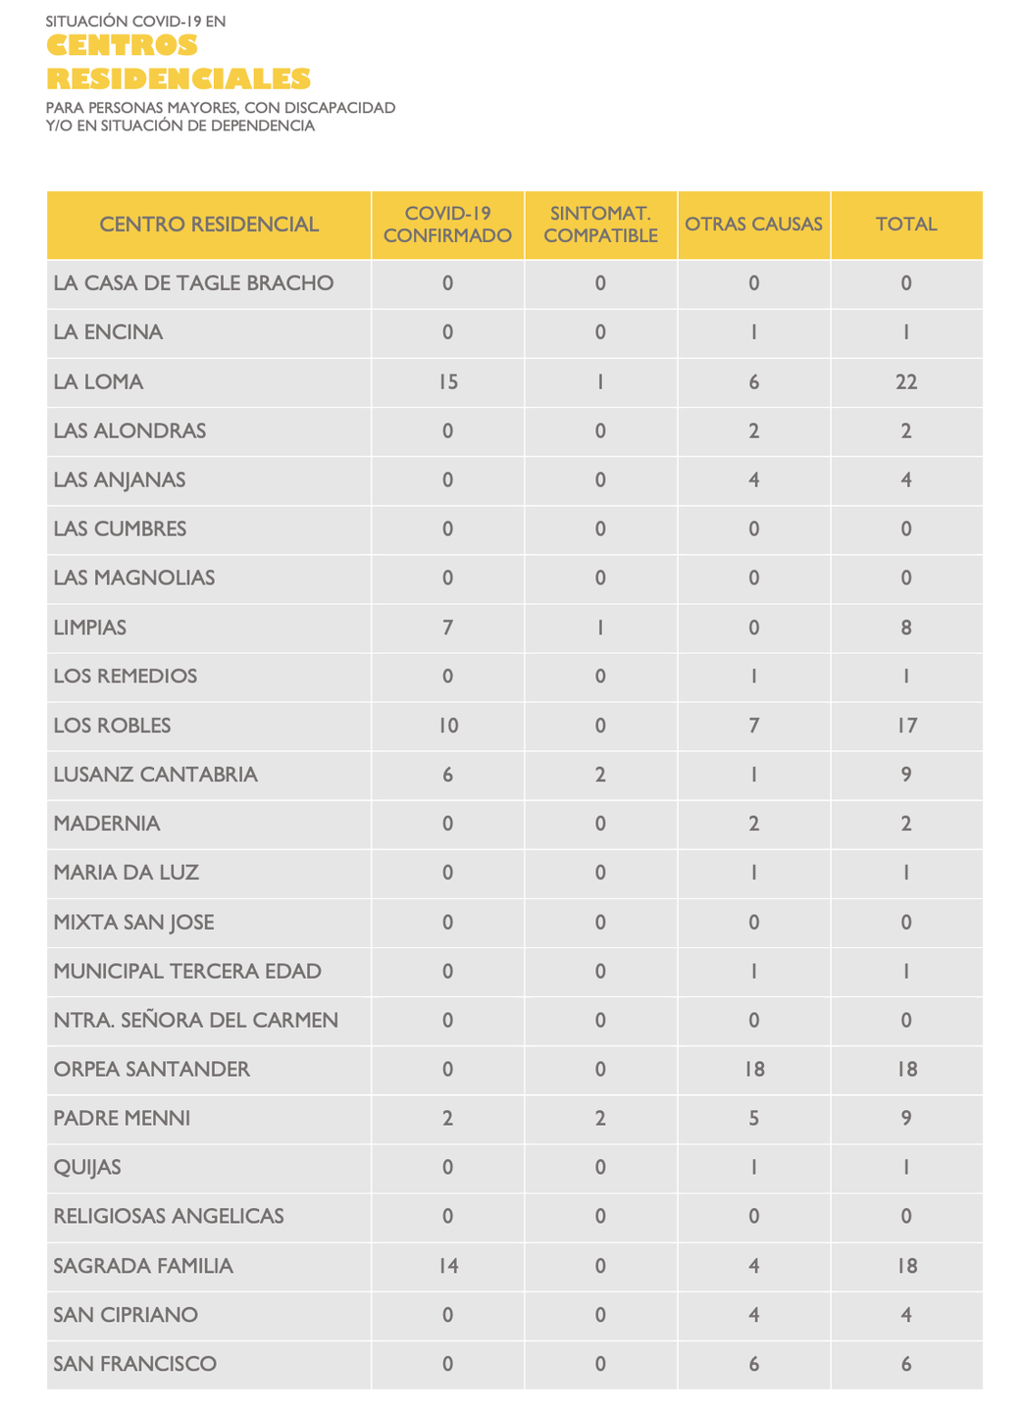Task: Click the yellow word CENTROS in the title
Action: [x=122, y=46]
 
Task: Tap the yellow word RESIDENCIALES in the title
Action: [x=178, y=78]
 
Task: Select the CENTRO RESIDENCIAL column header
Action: [x=209, y=225]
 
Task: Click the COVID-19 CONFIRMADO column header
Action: [x=447, y=225]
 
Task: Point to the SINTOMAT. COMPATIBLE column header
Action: [x=600, y=225]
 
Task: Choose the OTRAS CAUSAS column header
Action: [x=753, y=225]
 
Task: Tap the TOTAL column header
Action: [x=906, y=225]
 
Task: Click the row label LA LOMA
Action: [x=98, y=381]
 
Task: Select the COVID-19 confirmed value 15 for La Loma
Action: [x=447, y=381]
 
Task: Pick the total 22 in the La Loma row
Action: [x=906, y=381]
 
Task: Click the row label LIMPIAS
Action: [x=90, y=628]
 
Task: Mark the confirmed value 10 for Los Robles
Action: [x=447, y=726]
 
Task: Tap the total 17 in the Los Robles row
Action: [x=906, y=726]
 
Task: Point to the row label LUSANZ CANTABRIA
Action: [x=155, y=775]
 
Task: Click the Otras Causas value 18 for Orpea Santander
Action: [x=753, y=1069]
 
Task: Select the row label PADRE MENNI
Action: [x=122, y=1118]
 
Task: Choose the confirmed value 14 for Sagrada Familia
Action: [x=447, y=1266]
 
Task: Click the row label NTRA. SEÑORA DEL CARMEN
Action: [x=195, y=1020]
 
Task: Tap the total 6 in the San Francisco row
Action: [x=906, y=1364]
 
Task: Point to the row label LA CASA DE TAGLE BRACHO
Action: [x=193, y=283]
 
